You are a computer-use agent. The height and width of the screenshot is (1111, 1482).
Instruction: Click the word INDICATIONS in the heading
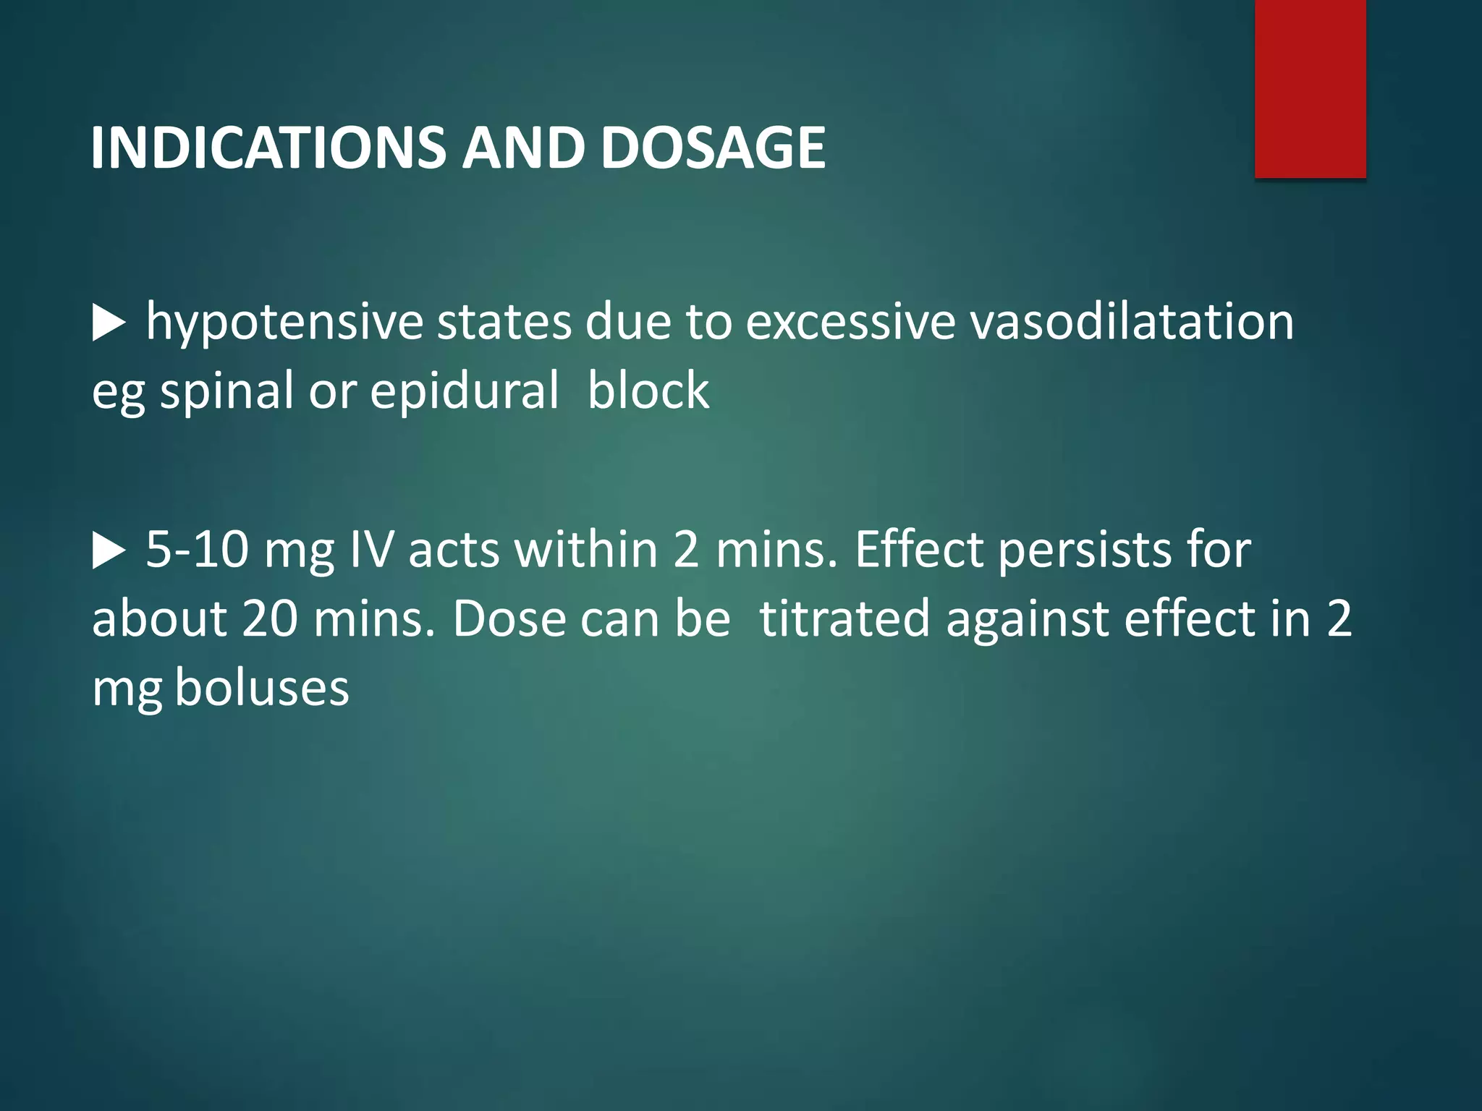[268, 148]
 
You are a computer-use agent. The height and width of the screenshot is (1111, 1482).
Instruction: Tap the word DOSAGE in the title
[713, 148]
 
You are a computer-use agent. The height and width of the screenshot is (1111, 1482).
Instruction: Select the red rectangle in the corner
[1310, 88]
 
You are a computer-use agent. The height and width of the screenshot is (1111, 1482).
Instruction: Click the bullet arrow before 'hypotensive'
[109, 323]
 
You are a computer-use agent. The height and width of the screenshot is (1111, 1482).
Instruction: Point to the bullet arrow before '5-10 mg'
[109, 552]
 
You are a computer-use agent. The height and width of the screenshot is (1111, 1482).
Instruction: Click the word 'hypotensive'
[284, 323]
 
